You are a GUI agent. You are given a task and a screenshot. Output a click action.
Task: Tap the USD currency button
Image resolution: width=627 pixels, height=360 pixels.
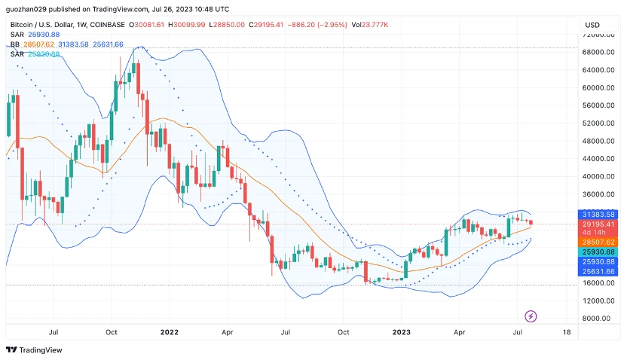592,25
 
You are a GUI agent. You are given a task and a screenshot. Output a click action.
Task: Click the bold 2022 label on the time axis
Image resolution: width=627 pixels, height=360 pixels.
170,331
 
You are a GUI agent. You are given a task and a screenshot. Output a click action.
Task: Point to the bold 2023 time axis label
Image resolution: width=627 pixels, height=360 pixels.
401,331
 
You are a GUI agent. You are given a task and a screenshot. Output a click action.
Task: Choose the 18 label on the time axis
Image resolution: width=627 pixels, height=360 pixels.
566,331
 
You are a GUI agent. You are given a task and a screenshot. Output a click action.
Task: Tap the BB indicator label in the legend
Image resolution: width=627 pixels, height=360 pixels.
14,44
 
